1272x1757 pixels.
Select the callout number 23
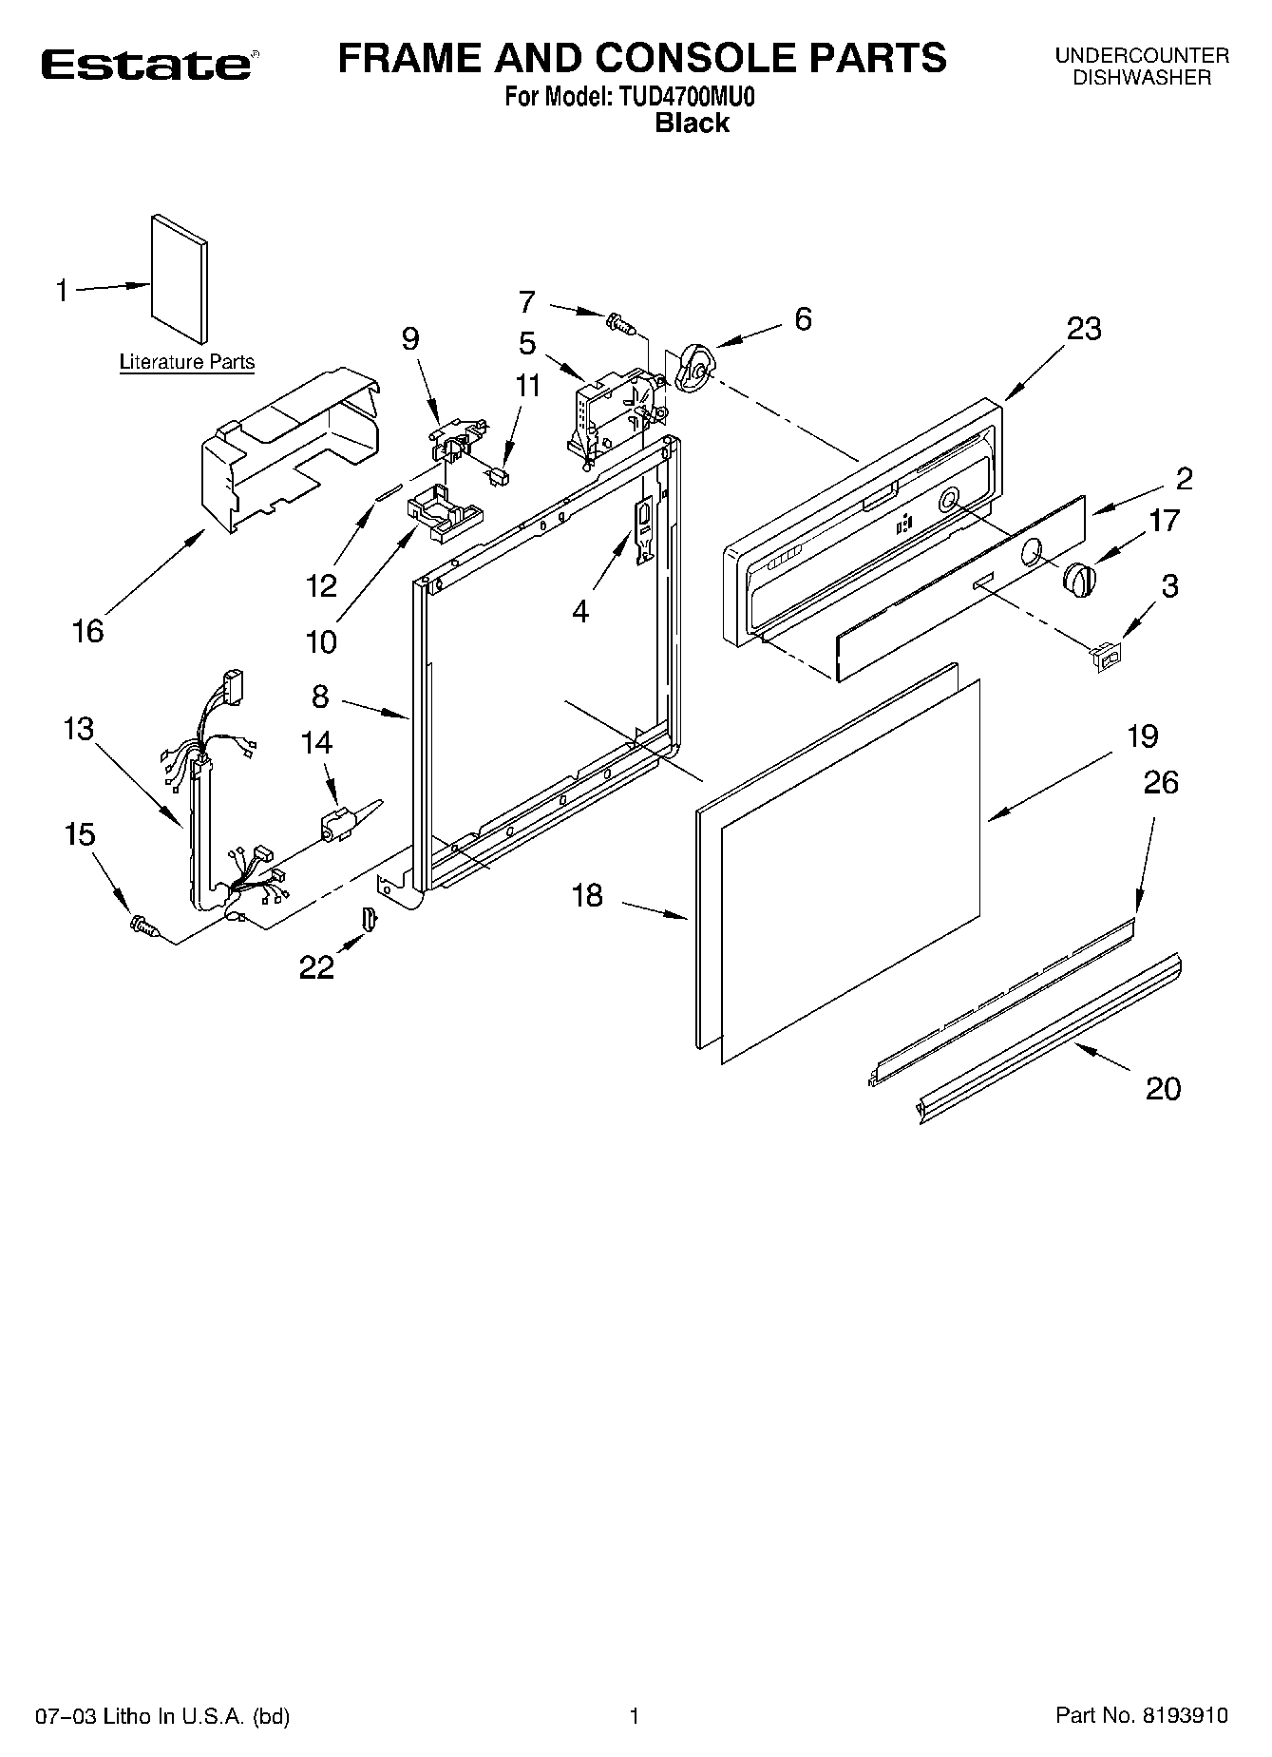tap(1084, 329)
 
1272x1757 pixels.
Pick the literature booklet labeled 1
tap(179, 278)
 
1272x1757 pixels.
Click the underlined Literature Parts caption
tap(186, 362)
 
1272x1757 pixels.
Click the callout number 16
tap(88, 630)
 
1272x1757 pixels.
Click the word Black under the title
tap(692, 123)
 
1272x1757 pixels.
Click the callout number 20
tap(1163, 1087)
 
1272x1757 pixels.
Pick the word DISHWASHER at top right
tap(1142, 79)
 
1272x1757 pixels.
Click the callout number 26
tap(1161, 782)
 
